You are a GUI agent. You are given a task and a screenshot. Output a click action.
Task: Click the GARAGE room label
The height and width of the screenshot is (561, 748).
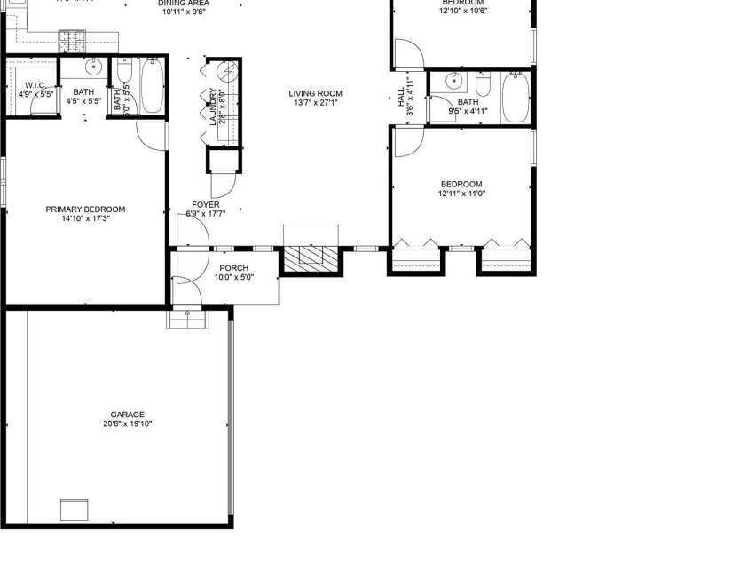pyautogui.click(x=128, y=414)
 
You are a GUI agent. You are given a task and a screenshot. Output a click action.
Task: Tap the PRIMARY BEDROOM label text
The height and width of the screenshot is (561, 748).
pyautogui.click(x=85, y=209)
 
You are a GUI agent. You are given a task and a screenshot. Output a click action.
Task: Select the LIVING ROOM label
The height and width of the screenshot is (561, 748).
pyautogui.click(x=315, y=93)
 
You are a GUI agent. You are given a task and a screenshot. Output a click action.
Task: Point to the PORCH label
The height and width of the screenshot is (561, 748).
pyautogui.click(x=233, y=267)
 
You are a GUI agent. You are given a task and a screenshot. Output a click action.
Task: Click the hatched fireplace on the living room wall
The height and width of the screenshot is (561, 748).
pyautogui.click(x=311, y=257)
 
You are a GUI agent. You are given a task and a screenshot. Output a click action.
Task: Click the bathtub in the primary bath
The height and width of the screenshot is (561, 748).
pyautogui.click(x=152, y=86)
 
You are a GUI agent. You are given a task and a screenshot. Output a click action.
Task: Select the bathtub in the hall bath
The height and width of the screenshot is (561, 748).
pyautogui.click(x=515, y=97)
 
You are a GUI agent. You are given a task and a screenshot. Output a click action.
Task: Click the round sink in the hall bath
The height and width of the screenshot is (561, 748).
pyautogui.click(x=453, y=82)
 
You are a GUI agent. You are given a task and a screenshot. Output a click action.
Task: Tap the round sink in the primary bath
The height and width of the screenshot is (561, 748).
pyautogui.click(x=94, y=67)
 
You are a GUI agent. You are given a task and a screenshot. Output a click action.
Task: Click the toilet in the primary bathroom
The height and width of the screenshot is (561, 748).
pyautogui.click(x=123, y=70)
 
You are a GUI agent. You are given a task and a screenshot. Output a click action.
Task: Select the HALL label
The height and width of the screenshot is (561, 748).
pyautogui.click(x=401, y=96)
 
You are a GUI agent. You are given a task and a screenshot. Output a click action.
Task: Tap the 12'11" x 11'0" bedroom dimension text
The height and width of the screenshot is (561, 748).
pyautogui.click(x=461, y=194)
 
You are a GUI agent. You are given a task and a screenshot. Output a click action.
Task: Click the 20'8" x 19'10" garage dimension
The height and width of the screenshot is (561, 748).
pyautogui.click(x=128, y=424)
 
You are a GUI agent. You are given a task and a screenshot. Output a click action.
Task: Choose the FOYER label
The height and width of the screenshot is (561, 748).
pyautogui.click(x=205, y=204)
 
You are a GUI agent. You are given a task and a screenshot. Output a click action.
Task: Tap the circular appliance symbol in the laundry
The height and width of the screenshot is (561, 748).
pyautogui.click(x=227, y=72)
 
